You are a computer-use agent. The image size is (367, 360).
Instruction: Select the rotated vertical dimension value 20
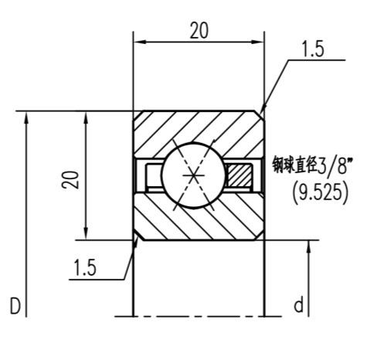[x=70, y=179]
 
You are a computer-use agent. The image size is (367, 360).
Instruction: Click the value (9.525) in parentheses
[x=320, y=192]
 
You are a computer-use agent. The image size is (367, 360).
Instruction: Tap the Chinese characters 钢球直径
[x=293, y=165]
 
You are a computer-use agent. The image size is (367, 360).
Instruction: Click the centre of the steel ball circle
[x=190, y=176]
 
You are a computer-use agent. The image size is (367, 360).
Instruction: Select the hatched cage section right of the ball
[x=240, y=175]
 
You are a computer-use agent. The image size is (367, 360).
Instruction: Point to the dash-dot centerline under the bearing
[x=199, y=317]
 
